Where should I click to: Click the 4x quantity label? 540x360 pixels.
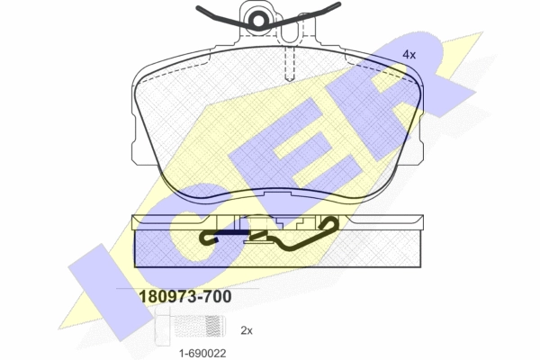pyautogui.click(x=409, y=54)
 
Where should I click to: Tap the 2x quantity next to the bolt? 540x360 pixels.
pyautogui.click(x=247, y=330)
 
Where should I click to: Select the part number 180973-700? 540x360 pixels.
pyautogui.click(x=184, y=297)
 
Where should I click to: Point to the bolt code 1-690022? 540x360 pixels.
pyautogui.click(x=202, y=353)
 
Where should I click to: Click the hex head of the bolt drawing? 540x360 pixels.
pyautogui.click(x=163, y=326)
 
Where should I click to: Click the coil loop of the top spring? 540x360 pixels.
pyautogui.click(x=257, y=21)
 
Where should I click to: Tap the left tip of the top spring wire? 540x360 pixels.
pyautogui.click(x=197, y=7)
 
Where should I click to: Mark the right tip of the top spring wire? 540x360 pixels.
pyautogui.click(x=339, y=4)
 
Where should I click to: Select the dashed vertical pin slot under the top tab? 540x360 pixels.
pyautogui.click(x=290, y=63)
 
